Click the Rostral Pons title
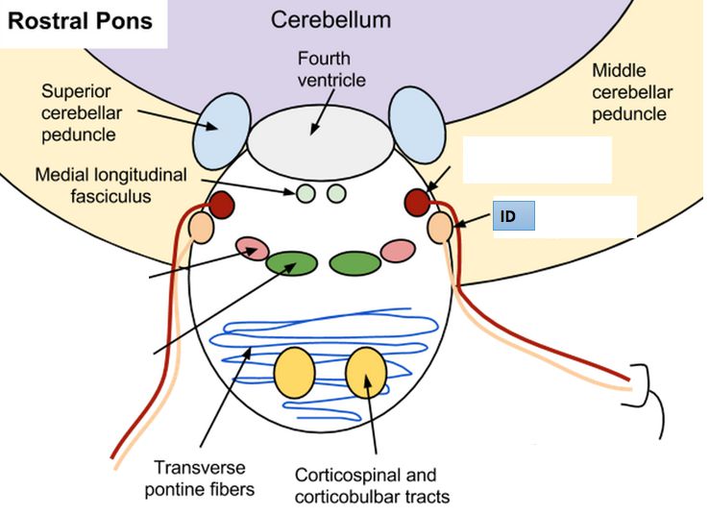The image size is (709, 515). [81, 21]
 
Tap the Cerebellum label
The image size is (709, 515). [330, 20]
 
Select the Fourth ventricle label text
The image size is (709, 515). [330, 69]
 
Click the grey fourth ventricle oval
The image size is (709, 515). [321, 140]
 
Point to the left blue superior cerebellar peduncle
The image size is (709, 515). [221, 129]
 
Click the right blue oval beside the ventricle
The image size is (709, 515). [417, 123]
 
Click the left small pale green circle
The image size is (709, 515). [306, 193]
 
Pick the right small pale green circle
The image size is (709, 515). [335, 193]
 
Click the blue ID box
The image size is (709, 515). [514, 217]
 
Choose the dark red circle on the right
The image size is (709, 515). [417, 202]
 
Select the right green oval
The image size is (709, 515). [354, 261]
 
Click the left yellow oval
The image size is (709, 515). [294, 374]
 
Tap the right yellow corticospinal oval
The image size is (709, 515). [366, 373]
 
